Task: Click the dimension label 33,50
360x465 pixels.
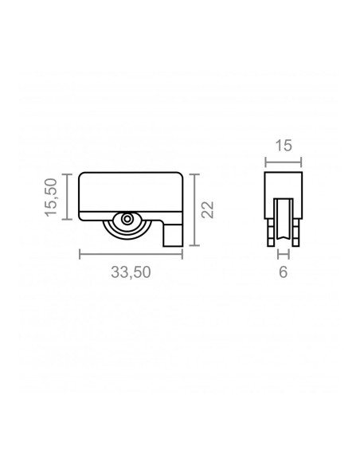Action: pos(131,272)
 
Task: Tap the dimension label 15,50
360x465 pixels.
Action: pos(51,197)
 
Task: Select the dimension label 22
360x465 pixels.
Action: pos(207,209)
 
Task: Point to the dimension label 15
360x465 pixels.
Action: pos(284,146)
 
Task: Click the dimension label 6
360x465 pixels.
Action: pos(284,272)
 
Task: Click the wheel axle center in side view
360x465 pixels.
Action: pos(127,219)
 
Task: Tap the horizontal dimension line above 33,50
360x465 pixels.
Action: pos(131,254)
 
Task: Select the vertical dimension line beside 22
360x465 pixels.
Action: pos(194,210)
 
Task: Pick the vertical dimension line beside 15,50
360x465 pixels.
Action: pos(68,197)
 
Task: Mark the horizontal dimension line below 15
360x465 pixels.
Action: pos(284,162)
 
